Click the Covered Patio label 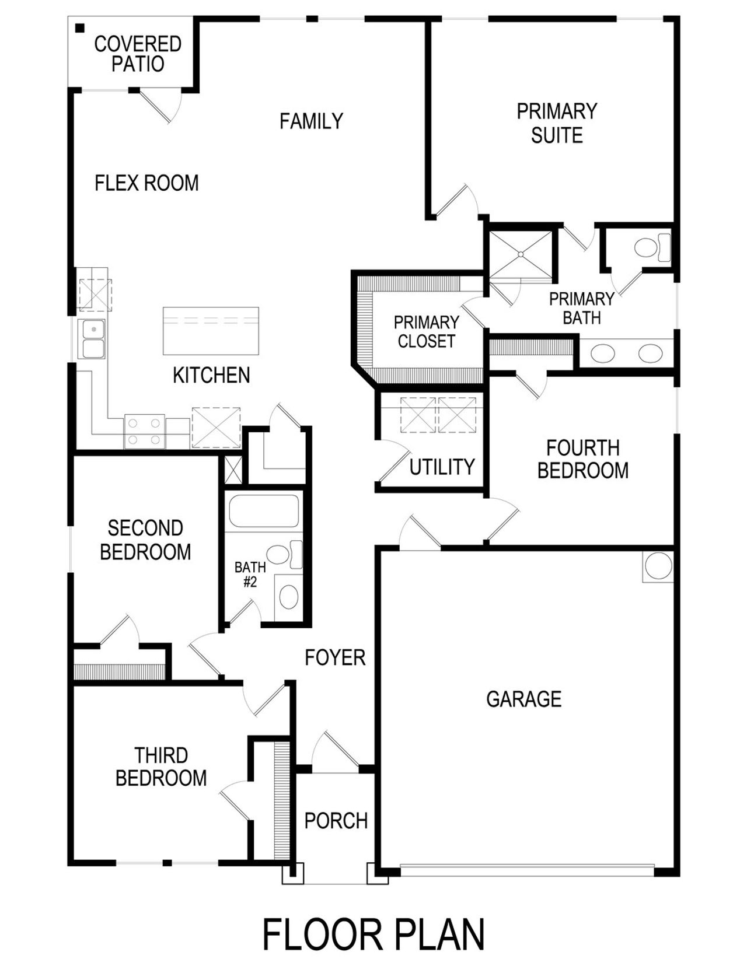pos(138,54)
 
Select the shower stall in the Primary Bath pos(520,254)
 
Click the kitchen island pos(211,331)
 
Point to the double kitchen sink pos(93,339)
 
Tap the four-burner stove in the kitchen pos(144,432)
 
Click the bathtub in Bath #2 pos(264,511)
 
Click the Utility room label pos(442,467)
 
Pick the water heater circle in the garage pos(658,566)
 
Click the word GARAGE pos(523,699)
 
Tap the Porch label pos(336,821)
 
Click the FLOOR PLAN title pos(373,934)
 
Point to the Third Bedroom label pos(161,766)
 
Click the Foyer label pos(335,658)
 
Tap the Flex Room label pos(146,183)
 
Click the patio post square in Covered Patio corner pos(80,28)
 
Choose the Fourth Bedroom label pos(582,459)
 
